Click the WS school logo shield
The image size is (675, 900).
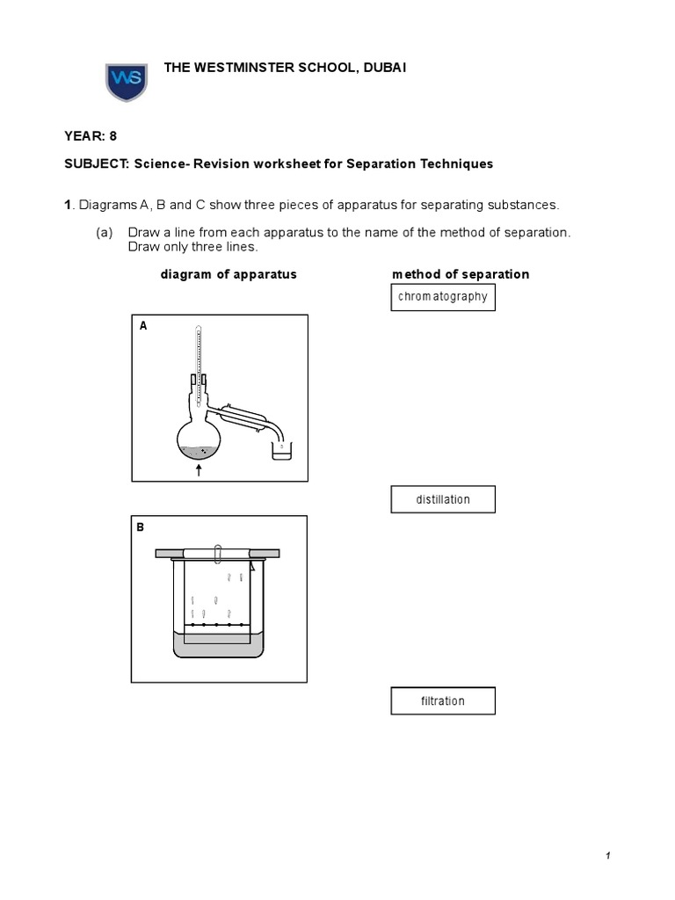tap(127, 81)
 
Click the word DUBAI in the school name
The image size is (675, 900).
tap(382, 69)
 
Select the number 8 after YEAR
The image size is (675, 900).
tap(112, 135)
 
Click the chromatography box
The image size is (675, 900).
tap(443, 297)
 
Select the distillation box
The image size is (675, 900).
tap(443, 499)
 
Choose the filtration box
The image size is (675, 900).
tap(443, 701)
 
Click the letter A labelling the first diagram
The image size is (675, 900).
tap(143, 326)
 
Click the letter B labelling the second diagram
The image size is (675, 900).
tap(140, 527)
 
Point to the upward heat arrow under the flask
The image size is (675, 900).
tap(199, 470)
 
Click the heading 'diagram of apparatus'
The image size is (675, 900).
tap(229, 274)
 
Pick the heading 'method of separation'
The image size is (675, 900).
tap(461, 274)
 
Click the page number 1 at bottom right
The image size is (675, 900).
tap(607, 856)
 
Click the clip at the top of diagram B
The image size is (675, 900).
tap(217, 552)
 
